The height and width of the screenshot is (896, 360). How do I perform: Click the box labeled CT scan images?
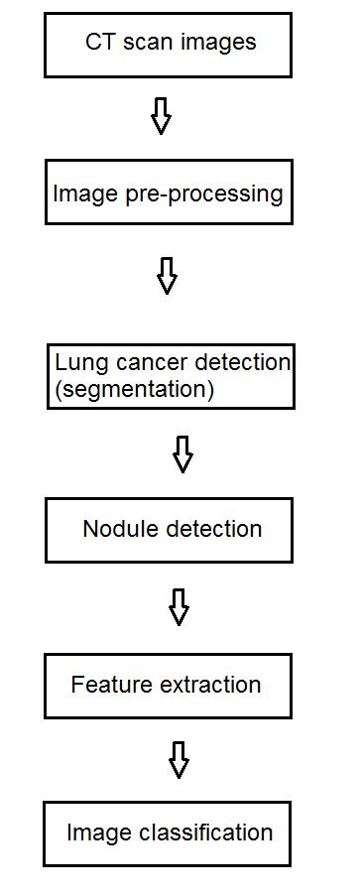tap(168, 45)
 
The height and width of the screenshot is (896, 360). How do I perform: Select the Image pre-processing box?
tap(168, 192)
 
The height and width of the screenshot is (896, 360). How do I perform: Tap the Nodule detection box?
tap(169, 530)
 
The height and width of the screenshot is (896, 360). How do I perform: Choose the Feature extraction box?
tap(168, 685)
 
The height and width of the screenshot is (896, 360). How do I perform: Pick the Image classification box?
tap(168, 833)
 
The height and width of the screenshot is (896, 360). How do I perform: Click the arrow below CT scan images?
tap(161, 117)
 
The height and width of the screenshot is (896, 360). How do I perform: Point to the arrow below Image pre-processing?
tap(168, 276)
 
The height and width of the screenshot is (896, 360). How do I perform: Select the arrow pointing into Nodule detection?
tap(182, 454)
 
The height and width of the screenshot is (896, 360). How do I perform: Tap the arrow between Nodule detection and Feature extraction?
tap(179, 607)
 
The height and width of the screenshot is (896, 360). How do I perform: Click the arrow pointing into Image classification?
tap(179, 760)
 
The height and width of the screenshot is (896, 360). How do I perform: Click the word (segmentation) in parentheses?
tap(135, 390)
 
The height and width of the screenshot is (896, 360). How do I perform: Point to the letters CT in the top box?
tap(100, 43)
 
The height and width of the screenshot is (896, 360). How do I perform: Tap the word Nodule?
tap(115, 529)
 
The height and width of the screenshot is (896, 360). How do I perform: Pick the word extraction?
tap(210, 685)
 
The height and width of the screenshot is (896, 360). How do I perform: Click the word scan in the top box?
tap(144, 43)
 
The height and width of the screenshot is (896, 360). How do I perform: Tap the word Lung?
tap(77, 364)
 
